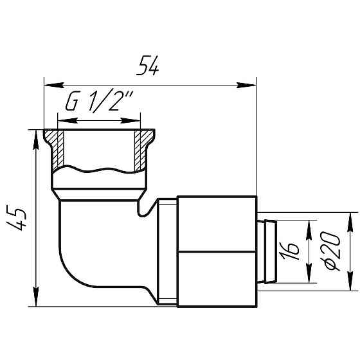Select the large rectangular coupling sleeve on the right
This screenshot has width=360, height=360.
217,250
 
